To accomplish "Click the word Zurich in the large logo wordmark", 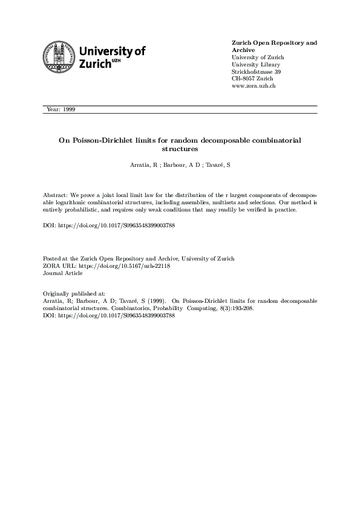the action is click(91, 64).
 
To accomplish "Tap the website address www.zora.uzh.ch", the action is click(254, 86).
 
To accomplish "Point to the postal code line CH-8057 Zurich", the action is click(253, 79).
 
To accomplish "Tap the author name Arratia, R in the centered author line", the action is click(145, 165).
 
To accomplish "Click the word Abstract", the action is click(56, 196).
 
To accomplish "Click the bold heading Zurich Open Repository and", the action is click(274, 43).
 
